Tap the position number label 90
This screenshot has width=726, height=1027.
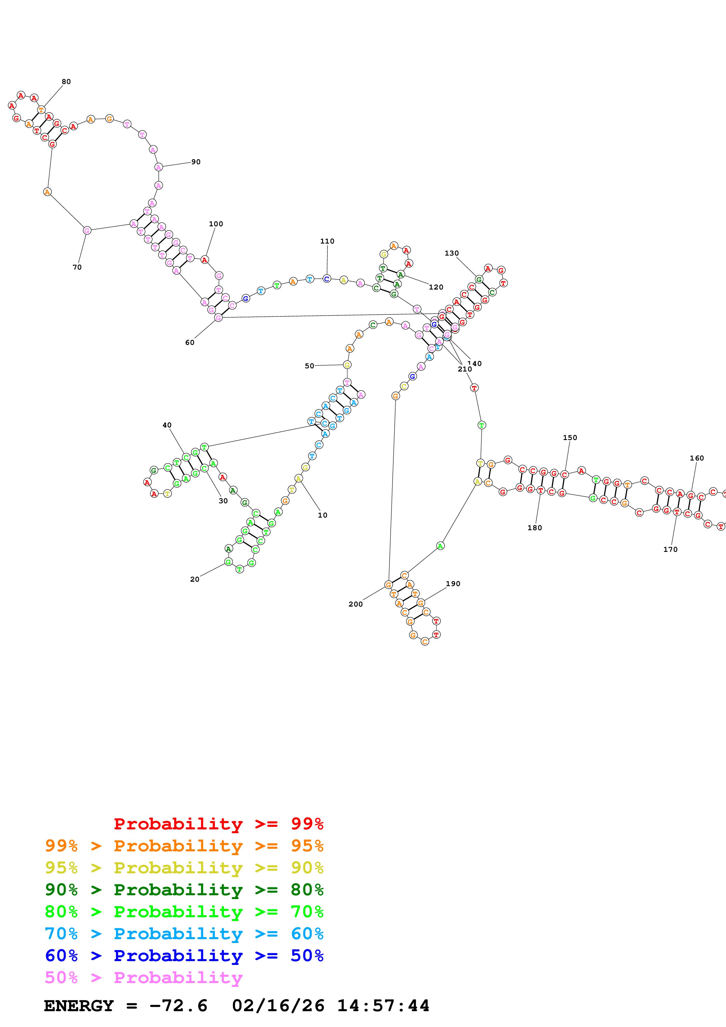196,162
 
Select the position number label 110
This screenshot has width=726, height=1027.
327,241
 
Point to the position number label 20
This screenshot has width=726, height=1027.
194,579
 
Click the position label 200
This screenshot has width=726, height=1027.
356,604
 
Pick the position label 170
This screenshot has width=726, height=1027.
670,549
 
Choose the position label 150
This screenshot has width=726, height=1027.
570,437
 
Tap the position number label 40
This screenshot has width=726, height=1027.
167,425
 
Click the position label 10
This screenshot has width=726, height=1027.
322,515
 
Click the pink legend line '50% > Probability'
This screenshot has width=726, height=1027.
144,977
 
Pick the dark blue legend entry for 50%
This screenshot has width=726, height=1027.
184,956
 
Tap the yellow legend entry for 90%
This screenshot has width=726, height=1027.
184,868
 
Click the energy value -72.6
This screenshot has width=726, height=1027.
178,1006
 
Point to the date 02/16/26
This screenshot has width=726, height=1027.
278,1006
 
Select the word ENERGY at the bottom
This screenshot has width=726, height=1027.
79,1006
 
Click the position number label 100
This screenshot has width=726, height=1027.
216,224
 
